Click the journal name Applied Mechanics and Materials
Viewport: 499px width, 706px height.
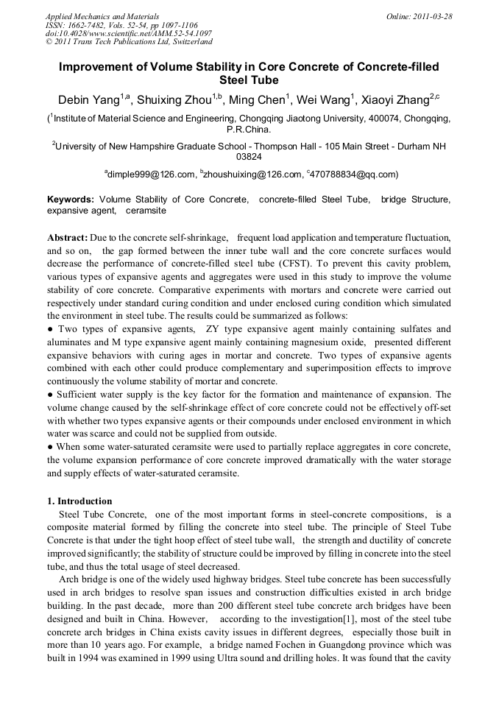(x=102, y=16)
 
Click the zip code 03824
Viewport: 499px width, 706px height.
(x=249, y=157)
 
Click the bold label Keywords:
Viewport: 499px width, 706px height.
(x=71, y=200)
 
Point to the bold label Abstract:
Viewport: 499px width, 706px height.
(x=68, y=239)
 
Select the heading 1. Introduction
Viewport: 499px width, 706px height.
(x=79, y=501)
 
